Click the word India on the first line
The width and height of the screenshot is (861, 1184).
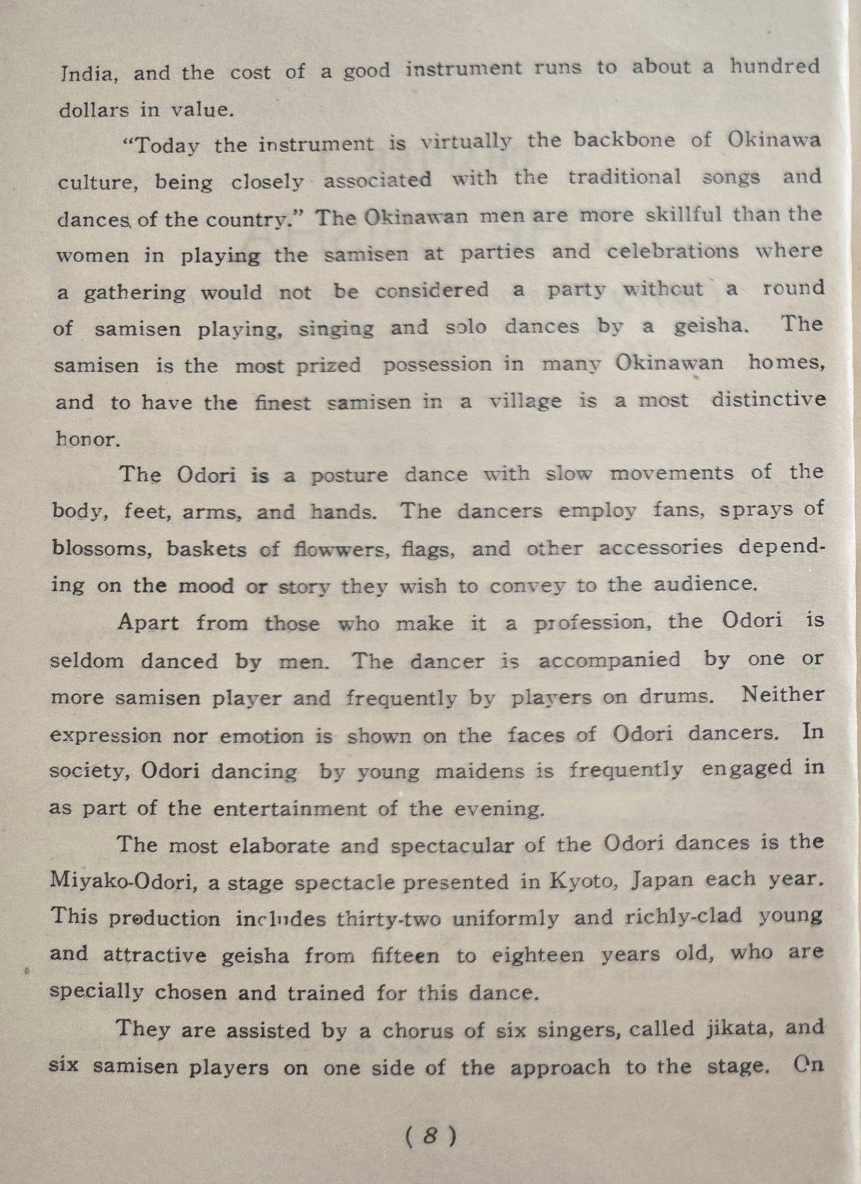pyautogui.click(x=89, y=74)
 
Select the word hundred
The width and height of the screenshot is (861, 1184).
pyautogui.click(x=775, y=66)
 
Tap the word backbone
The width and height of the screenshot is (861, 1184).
pyautogui.click(x=613, y=141)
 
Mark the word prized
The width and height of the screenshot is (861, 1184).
pyautogui.click(x=329, y=365)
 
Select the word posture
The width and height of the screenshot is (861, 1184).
pyautogui.click(x=349, y=475)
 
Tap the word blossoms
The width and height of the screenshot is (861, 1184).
pyautogui.click(x=102, y=547)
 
